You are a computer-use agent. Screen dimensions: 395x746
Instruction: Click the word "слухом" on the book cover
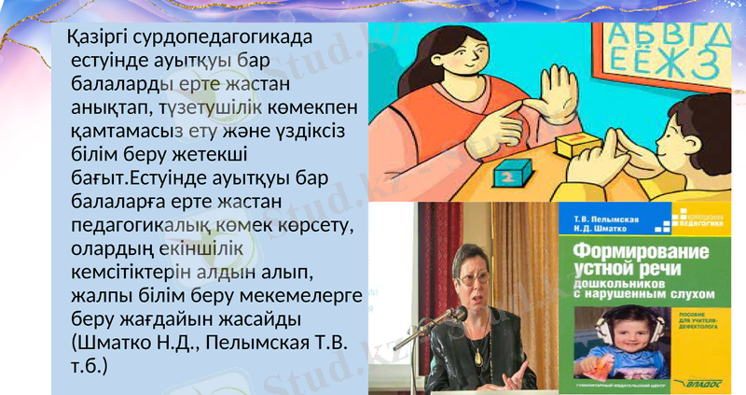tap(691, 294)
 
